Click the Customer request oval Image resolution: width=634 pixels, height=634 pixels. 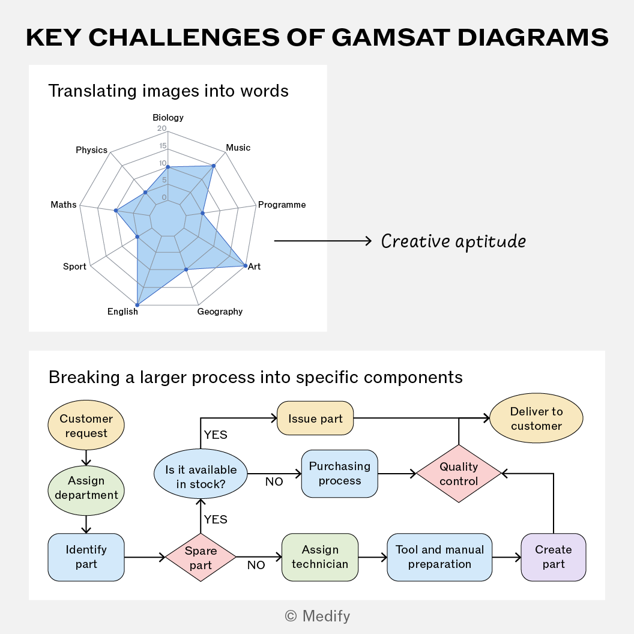pos(86,425)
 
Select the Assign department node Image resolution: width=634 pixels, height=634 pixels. pos(86,491)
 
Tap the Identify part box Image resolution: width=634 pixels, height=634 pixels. pos(86,557)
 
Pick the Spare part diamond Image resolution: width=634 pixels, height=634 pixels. pos(201,557)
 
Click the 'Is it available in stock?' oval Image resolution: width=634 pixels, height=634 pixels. pos(201,474)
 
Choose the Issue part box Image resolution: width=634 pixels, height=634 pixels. pos(315,418)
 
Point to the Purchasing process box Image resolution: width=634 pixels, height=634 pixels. pos(340,474)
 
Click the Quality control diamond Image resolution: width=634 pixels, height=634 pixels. pos(459,474)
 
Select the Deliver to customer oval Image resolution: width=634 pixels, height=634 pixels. pos(536,418)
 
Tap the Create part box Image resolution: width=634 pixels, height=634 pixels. pos(554,557)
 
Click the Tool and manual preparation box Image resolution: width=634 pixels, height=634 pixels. pos(439,557)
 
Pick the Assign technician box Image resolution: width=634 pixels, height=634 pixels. pos(320,557)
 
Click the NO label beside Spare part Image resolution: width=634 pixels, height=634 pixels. pos(256,566)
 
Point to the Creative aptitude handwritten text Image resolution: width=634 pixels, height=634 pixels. pos(453,242)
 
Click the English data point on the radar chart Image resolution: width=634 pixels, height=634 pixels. pos(137,305)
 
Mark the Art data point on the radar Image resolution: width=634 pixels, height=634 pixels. pos(246,265)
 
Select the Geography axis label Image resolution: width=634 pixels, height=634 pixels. pos(220,312)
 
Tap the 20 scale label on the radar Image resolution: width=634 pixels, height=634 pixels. pos(162,128)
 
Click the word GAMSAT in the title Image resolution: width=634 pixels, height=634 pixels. pos(391,37)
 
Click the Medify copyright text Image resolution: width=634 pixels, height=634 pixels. pos(318,616)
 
